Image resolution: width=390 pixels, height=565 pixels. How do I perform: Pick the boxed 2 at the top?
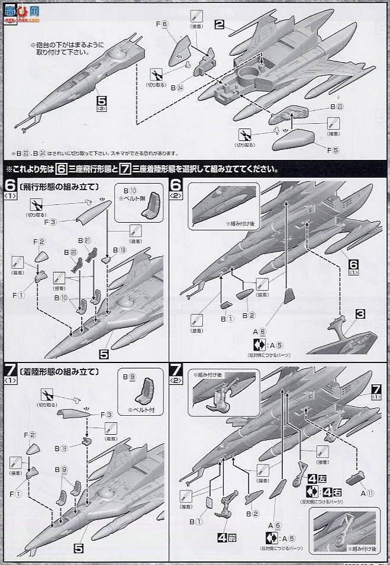click(x=220, y=25)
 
